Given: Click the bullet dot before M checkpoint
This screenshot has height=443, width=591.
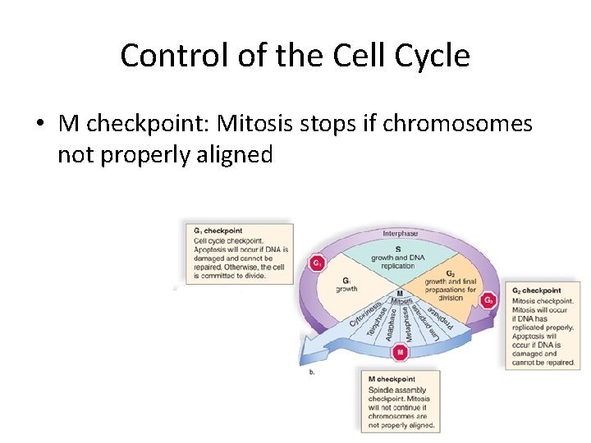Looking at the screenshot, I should click(x=39, y=125).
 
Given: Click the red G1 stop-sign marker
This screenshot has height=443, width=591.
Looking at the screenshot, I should click(x=314, y=263).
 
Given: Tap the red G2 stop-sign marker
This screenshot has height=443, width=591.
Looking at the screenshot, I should click(x=488, y=300).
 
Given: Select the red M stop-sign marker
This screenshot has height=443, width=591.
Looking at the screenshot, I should click(x=400, y=353).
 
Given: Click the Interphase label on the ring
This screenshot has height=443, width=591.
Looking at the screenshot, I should click(x=400, y=234).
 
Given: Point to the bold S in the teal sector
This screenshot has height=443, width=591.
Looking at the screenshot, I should click(x=398, y=249).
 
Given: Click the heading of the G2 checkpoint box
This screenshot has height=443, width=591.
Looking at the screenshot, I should click(x=537, y=290).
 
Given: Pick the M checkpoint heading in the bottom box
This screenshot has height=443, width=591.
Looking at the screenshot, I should click(x=392, y=379).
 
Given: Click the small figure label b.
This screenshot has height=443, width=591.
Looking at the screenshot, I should click(x=312, y=372).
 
